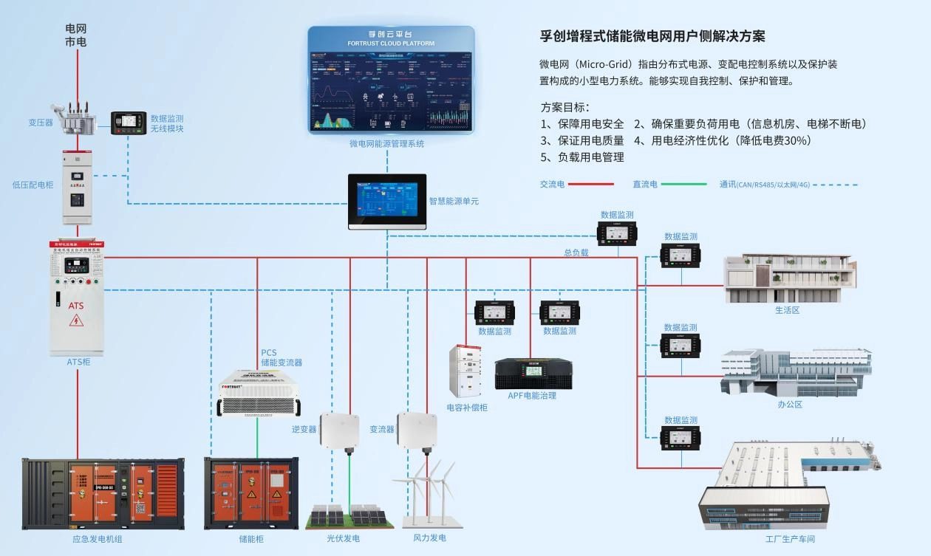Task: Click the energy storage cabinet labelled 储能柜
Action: click(x=250, y=492)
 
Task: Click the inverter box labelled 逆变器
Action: click(x=339, y=430)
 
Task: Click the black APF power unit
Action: click(x=533, y=374)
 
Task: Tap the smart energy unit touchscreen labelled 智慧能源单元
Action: click(x=387, y=201)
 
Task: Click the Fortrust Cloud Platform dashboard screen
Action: click(x=391, y=80)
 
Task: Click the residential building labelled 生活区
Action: click(x=788, y=278)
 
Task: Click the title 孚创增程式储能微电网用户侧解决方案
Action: click(x=652, y=36)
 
